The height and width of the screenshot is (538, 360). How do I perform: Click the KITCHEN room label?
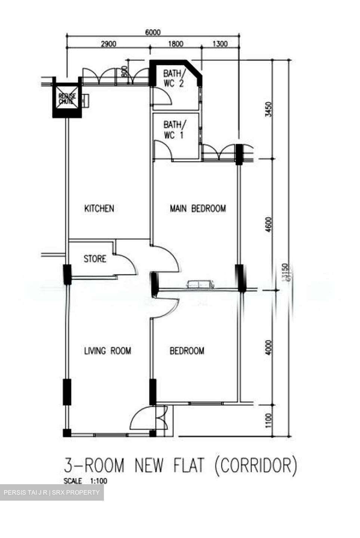pos(99,208)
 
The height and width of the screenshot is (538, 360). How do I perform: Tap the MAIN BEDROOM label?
pos(198,208)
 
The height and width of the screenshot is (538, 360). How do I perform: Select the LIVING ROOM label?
pos(107,351)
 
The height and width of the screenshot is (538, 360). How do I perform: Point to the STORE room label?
pos(95,259)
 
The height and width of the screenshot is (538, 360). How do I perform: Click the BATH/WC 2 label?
pos(173,78)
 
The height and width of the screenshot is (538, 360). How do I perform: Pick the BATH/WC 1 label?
pos(173,130)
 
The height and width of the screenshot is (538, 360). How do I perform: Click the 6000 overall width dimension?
pos(153,33)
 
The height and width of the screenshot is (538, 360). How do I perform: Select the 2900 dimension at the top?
pos(108,44)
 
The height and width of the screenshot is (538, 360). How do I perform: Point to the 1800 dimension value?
pos(176,44)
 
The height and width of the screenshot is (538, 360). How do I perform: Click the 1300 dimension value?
pos(220,44)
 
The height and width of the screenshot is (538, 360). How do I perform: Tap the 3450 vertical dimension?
pos(268,109)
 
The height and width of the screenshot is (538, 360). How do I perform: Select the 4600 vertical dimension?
pos(268,224)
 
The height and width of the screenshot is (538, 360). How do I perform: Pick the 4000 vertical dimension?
pos(268,347)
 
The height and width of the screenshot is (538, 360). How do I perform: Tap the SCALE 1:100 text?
pos(85,481)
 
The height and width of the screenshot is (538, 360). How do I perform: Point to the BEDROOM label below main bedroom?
pos(187,351)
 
